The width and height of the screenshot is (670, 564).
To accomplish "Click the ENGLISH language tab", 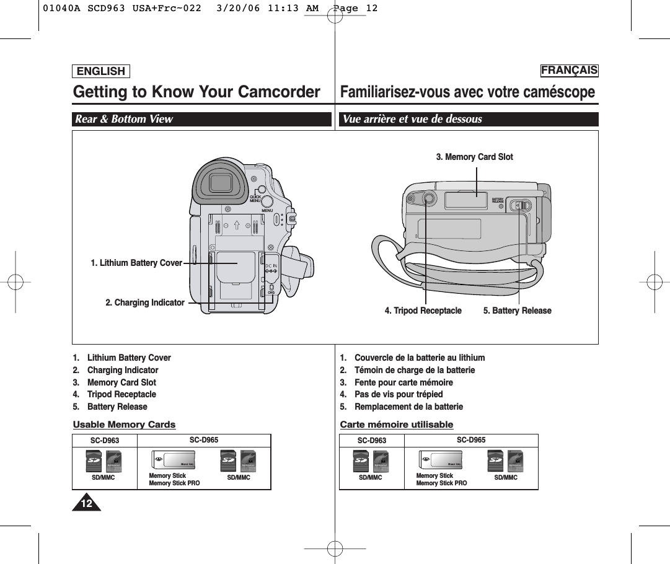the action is pyautogui.click(x=100, y=71).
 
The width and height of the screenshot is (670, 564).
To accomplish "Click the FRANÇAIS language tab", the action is pyautogui.click(x=569, y=70).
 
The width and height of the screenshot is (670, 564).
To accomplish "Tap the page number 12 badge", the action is pyautogui.click(x=87, y=504).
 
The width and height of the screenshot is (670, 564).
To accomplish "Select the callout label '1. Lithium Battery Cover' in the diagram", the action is pyautogui.click(x=136, y=263).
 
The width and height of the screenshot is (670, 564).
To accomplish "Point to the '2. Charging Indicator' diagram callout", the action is pyautogui.click(x=145, y=302).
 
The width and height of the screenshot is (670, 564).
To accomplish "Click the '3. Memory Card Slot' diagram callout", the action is pyautogui.click(x=474, y=157).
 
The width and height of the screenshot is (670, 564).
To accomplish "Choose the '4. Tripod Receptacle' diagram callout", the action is pyautogui.click(x=423, y=311).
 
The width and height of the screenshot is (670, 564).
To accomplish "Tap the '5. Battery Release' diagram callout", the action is pyautogui.click(x=517, y=311).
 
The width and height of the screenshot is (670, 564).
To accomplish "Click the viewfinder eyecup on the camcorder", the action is pyautogui.click(x=220, y=183).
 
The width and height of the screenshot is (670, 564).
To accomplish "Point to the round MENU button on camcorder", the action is pyautogui.click(x=267, y=201).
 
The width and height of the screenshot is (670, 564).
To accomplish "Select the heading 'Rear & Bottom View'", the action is pyautogui.click(x=124, y=119).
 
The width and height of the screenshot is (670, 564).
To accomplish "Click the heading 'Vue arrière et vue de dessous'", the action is pyautogui.click(x=412, y=119).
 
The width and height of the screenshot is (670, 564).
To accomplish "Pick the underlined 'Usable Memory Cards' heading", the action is pyautogui.click(x=124, y=425).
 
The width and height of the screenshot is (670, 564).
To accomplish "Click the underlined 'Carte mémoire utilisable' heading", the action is pyautogui.click(x=397, y=425).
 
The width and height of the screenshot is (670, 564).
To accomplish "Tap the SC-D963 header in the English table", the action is pyautogui.click(x=105, y=441).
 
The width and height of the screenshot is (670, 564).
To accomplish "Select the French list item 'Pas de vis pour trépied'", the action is pyautogui.click(x=399, y=394).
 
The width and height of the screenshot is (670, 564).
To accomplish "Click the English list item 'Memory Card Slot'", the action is pyautogui.click(x=121, y=382).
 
